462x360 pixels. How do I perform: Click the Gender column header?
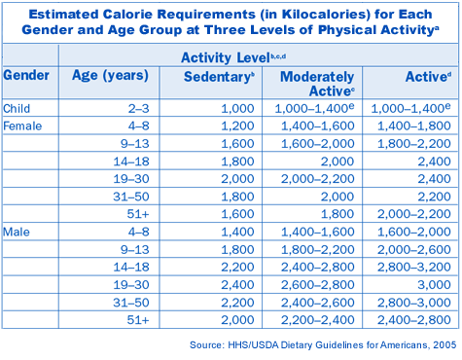click(x=26, y=75)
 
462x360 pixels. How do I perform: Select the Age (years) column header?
click(x=110, y=76)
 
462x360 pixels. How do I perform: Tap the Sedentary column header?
click(x=219, y=77)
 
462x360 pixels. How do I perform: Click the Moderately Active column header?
click(x=317, y=84)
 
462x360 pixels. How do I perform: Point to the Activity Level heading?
click(x=233, y=57)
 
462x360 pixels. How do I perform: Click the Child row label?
click(x=17, y=108)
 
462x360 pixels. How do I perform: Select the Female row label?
click(x=22, y=126)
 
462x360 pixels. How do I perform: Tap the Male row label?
click(x=17, y=232)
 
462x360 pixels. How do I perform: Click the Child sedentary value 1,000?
click(x=237, y=109)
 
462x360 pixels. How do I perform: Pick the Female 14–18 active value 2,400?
click(x=434, y=162)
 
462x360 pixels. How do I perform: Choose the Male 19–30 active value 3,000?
click(x=434, y=285)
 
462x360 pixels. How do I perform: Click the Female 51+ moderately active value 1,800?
click(x=338, y=214)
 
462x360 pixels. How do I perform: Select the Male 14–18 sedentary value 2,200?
click(x=237, y=267)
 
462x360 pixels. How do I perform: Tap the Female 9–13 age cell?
click(x=135, y=143)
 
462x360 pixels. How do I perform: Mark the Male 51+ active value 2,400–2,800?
click(x=414, y=320)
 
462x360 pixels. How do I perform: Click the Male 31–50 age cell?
click(x=131, y=303)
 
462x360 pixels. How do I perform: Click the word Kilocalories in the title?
click(x=326, y=15)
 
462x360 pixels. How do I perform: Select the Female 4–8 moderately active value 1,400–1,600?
click(x=318, y=126)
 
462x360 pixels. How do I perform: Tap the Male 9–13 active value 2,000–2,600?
click(x=414, y=249)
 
